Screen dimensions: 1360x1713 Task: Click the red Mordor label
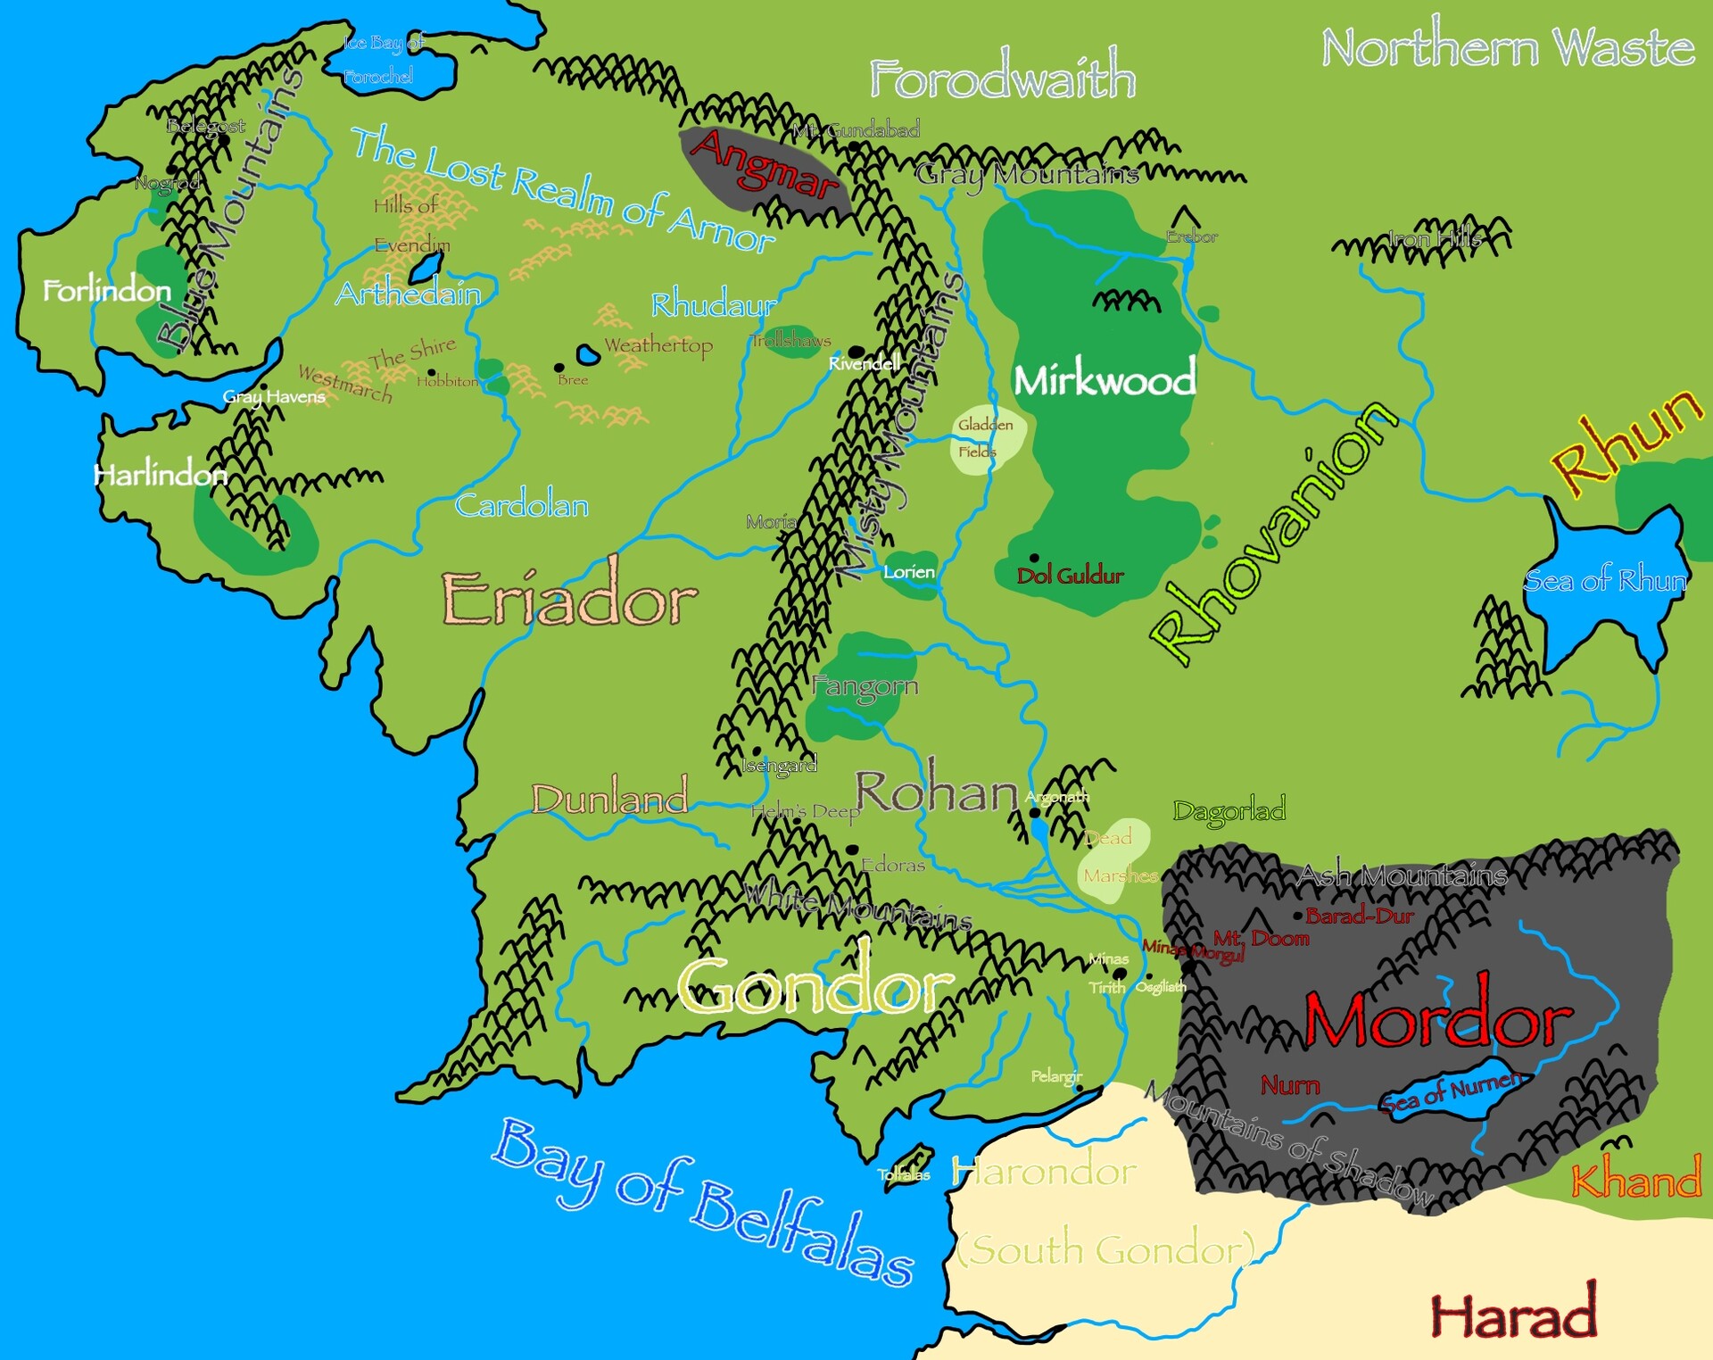click(1436, 1019)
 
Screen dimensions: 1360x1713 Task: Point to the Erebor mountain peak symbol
click(1185, 216)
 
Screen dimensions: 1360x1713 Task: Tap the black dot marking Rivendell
click(856, 352)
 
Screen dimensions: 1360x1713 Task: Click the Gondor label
click(814, 986)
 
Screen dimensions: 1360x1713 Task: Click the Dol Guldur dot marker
click(1034, 558)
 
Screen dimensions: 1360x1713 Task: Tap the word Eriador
click(569, 600)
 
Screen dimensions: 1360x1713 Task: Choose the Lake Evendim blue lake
click(427, 266)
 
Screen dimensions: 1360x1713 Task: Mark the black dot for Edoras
click(852, 849)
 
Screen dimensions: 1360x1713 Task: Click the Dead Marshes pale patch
click(1113, 858)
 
